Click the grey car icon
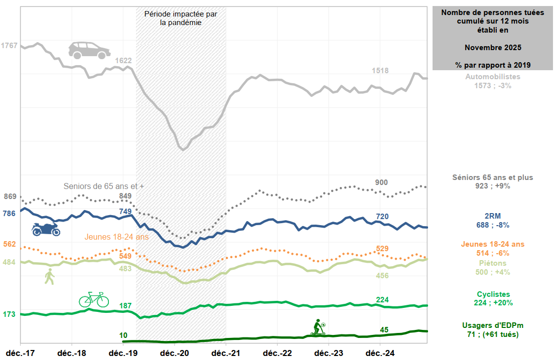click(89, 50)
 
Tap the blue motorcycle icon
click(46, 229)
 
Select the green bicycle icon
click(94, 299)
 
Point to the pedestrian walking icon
click(49, 276)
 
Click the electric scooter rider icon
click(318, 327)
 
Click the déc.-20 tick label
click(175, 353)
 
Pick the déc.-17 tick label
click(20, 353)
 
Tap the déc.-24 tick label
click(380, 353)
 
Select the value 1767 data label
click(9, 46)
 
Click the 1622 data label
click(123, 61)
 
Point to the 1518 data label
click(380, 71)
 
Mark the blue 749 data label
click(125, 212)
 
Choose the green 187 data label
click(125, 305)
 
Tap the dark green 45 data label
click(384, 329)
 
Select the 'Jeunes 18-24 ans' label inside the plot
click(116, 237)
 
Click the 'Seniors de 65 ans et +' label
click(104, 186)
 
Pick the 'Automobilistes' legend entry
click(493, 77)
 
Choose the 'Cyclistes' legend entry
click(493, 294)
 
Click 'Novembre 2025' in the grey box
click(493, 48)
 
